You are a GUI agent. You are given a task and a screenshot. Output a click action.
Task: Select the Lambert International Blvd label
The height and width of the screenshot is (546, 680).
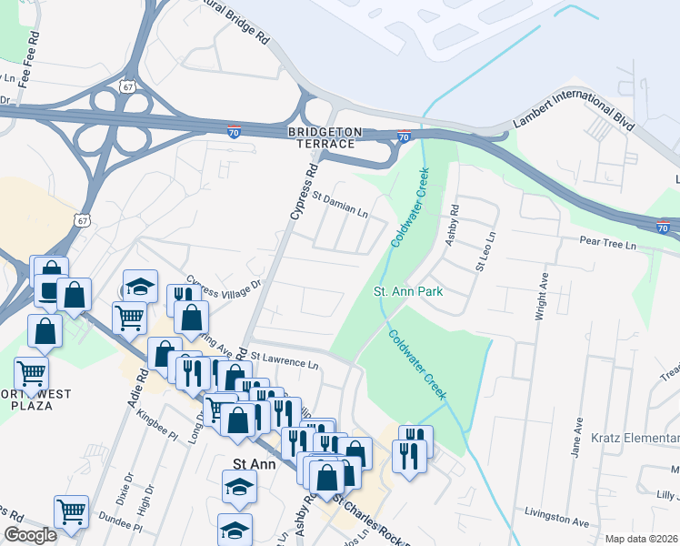573,107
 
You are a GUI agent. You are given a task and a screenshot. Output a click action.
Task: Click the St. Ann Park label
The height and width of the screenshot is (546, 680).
408,292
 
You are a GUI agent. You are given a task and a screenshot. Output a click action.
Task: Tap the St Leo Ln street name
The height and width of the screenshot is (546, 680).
484,251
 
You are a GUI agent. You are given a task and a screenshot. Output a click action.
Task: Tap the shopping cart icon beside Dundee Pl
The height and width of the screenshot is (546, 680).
70,511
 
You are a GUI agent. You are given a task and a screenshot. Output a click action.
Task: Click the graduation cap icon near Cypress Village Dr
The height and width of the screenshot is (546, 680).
140,286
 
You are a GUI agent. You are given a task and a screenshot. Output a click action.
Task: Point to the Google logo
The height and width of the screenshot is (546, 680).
30,536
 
